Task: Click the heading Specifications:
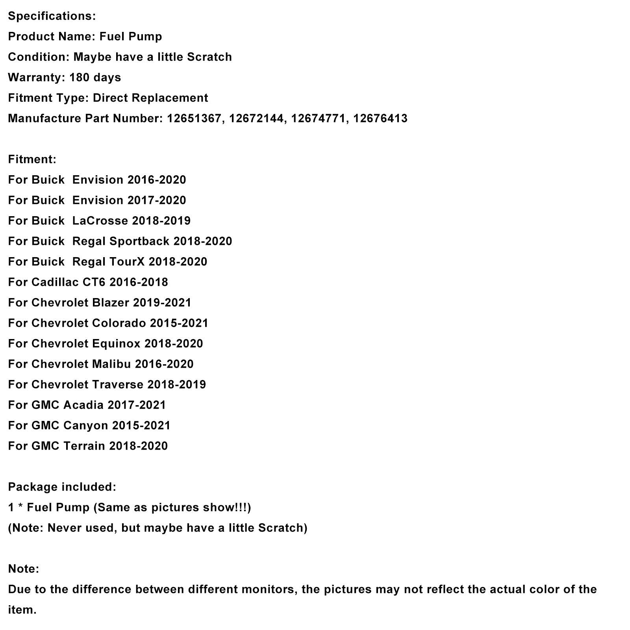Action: click(x=52, y=16)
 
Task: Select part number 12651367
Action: click(x=194, y=119)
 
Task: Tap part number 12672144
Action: click(x=256, y=119)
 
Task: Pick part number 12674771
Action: click(x=318, y=119)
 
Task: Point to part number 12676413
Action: click(x=380, y=119)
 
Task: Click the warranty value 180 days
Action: click(x=95, y=78)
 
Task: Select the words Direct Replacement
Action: click(x=150, y=98)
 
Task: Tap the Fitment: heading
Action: click(x=32, y=159)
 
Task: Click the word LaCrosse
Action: click(x=100, y=221)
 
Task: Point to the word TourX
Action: click(x=127, y=262)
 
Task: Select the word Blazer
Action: click(x=110, y=303)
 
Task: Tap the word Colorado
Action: click(x=119, y=323)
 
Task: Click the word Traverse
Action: click(x=118, y=385)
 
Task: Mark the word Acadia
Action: click(x=83, y=405)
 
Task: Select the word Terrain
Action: click(x=84, y=446)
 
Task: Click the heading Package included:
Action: click(x=62, y=487)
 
